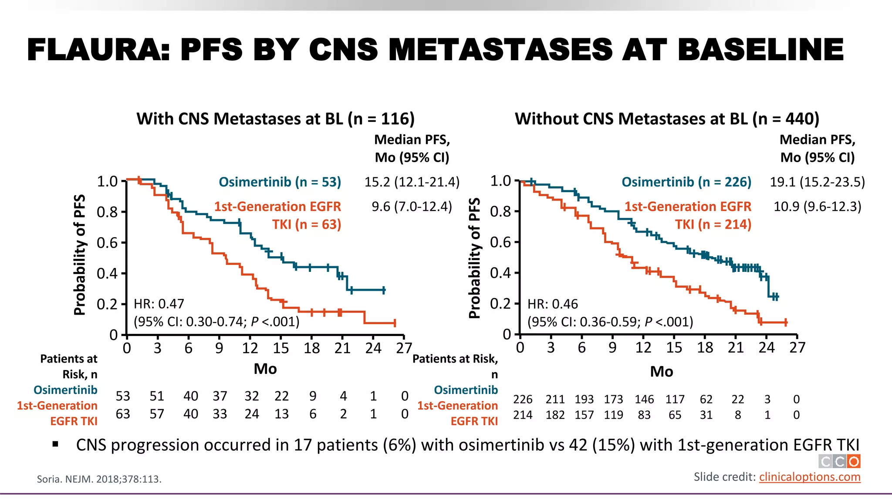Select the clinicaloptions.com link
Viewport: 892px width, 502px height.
810,477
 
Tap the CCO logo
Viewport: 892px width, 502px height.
839,461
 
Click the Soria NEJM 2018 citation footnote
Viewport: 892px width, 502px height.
99,479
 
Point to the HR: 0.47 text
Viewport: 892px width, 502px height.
159,304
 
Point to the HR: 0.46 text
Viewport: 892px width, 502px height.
553,304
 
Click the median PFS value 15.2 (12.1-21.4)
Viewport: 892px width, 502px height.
412,182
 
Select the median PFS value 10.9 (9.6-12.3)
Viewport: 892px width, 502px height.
817,206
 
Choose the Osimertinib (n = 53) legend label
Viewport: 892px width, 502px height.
280,182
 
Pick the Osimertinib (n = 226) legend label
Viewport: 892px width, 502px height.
686,182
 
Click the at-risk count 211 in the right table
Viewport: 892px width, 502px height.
555,399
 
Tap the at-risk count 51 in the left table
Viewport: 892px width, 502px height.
157,396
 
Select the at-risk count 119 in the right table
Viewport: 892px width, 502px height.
613,415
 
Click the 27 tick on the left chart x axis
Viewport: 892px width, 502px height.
404,348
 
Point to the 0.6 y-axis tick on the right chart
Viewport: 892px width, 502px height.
500,242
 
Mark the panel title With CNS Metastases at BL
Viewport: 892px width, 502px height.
275,119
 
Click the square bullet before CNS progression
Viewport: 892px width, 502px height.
55,444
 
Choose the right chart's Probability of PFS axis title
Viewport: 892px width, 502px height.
474,258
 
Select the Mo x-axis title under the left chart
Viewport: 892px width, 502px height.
265,369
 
